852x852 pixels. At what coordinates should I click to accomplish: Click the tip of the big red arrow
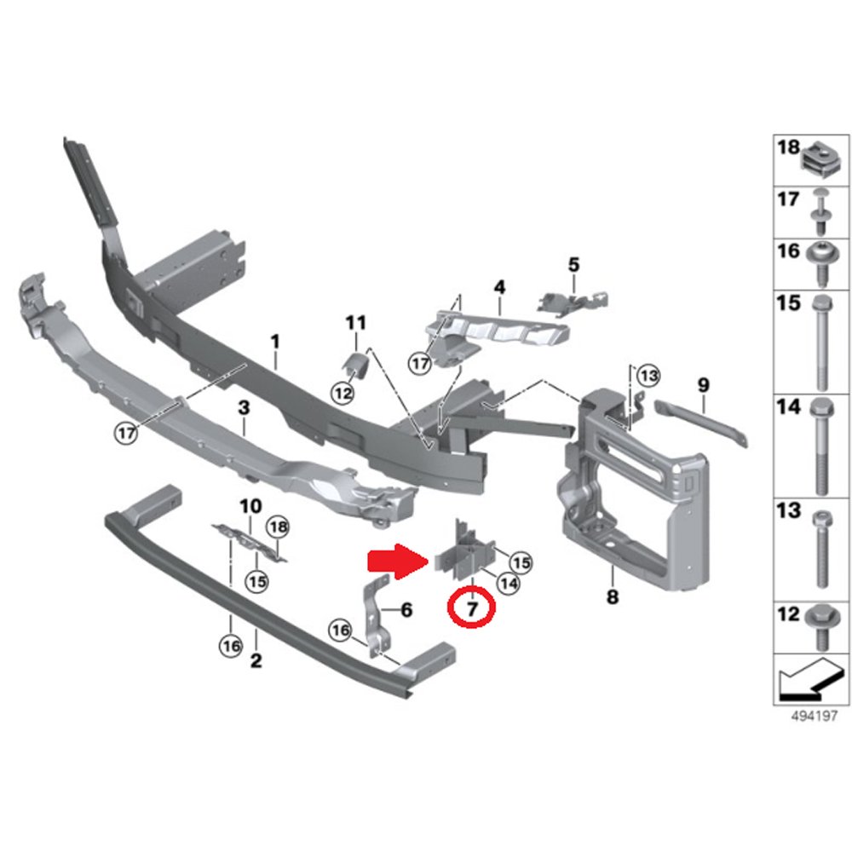coord(429,561)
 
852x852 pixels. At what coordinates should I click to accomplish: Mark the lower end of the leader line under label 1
coord(276,370)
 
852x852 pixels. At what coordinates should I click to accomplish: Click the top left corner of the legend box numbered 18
coord(774,135)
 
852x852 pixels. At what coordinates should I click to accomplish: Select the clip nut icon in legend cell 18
coord(820,161)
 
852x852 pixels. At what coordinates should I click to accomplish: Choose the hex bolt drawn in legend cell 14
coord(820,446)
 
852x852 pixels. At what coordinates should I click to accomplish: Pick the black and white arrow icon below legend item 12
coord(809,679)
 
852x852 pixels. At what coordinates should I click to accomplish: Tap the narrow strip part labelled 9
coord(701,422)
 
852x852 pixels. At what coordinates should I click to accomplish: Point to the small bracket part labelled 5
coord(573,302)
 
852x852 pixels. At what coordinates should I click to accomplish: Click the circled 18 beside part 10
coord(278,527)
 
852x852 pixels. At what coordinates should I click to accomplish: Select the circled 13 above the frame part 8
coord(648,376)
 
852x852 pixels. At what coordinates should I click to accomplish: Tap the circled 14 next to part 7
coord(509,584)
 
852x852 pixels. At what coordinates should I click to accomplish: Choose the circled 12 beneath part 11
coord(343,392)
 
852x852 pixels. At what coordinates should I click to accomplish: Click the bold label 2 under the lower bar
coord(256,660)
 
